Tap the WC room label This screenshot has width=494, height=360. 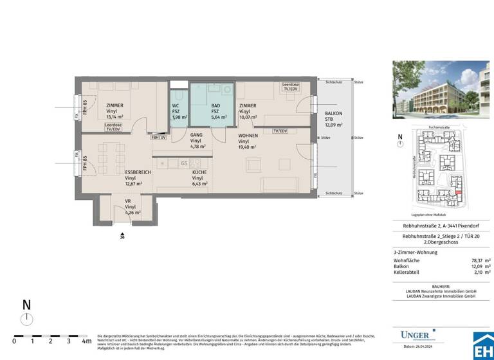176,106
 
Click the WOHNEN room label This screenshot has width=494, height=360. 249,136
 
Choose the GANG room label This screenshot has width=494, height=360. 196,135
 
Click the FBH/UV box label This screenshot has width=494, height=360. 158,137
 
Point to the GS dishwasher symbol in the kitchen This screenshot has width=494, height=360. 185,163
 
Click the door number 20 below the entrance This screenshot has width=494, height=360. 122,237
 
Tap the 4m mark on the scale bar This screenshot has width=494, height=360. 86,341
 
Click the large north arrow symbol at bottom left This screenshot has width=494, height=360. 25,318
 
